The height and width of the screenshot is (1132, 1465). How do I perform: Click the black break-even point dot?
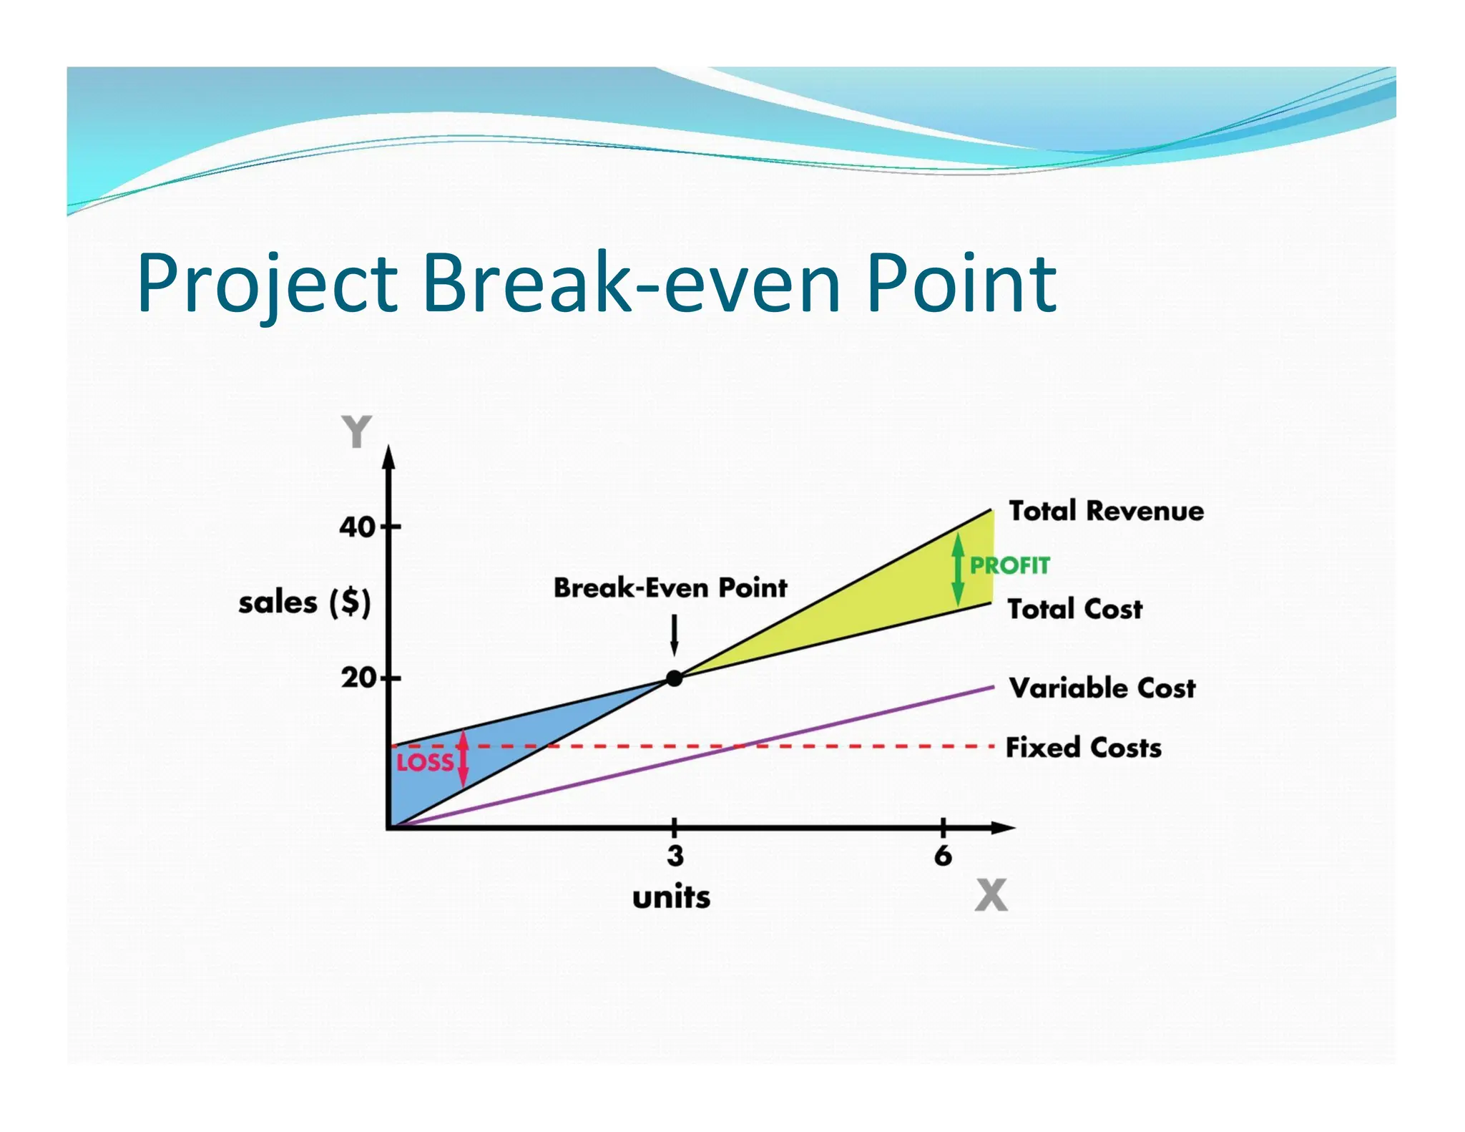click(x=674, y=678)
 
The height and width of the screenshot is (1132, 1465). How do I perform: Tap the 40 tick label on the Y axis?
click(x=356, y=527)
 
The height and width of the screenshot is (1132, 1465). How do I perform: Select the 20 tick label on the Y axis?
click(x=358, y=678)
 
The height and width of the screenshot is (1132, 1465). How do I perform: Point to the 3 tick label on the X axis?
click(x=675, y=856)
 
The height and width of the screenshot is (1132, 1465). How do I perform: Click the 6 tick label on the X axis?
click(x=943, y=856)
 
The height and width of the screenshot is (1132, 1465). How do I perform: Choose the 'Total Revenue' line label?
click(x=1106, y=511)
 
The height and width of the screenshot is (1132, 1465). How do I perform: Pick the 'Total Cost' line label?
click(x=1074, y=609)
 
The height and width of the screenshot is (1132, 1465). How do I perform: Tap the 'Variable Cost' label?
click(x=1102, y=688)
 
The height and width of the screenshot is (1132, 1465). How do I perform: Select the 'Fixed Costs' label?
click(x=1083, y=747)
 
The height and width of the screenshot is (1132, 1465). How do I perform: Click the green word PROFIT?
click(x=1009, y=565)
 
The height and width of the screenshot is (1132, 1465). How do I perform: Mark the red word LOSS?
click(x=425, y=763)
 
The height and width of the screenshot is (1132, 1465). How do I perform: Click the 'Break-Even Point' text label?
click(x=670, y=588)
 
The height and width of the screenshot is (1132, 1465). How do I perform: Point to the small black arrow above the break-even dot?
click(x=674, y=635)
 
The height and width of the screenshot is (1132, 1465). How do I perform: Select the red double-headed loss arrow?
click(x=464, y=758)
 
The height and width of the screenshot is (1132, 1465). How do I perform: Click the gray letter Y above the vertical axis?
click(x=356, y=431)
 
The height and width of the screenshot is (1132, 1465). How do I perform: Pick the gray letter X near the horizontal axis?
click(x=991, y=895)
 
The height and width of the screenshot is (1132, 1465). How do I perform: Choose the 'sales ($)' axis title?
click(x=305, y=602)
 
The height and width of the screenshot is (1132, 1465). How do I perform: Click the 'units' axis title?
click(x=671, y=897)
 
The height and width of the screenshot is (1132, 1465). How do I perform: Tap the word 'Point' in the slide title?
click(x=961, y=283)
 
